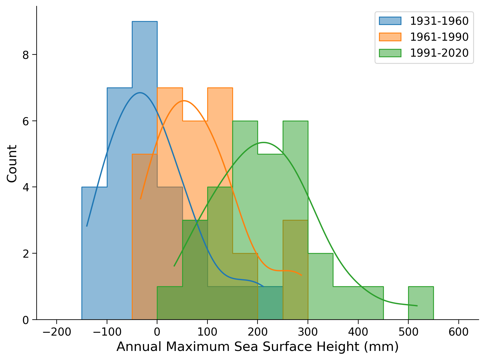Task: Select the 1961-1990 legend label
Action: click(x=439, y=37)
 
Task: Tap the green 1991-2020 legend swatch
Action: click(x=390, y=53)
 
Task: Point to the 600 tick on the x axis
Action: click(x=458, y=332)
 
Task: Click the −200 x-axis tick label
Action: click(x=56, y=332)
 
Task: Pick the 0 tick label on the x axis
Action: click(x=157, y=332)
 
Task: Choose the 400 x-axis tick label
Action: click(x=358, y=332)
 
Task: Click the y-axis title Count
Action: click(x=12, y=163)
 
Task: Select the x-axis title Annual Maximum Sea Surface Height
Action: click(x=257, y=347)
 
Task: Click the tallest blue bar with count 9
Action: click(x=145, y=94)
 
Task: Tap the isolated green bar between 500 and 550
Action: click(x=421, y=303)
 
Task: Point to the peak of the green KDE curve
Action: click(x=263, y=142)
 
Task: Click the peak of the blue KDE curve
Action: click(x=140, y=93)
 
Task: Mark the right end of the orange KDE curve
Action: click(x=301, y=275)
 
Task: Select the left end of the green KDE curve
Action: click(x=174, y=266)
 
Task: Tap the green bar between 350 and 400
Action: click(x=345, y=303)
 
